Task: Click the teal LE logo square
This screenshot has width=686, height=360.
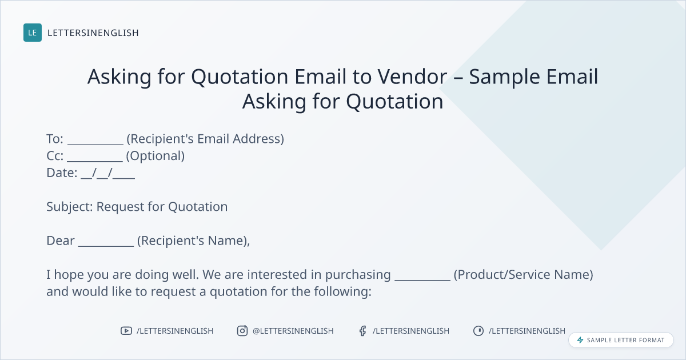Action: (x=33, y=33)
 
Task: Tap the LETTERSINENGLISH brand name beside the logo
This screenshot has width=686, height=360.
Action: (x=93, y=33)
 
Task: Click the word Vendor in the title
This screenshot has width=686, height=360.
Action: (x=412, y=76)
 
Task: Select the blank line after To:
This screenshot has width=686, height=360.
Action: (x=95, y=144)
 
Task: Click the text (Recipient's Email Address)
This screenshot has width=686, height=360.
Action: (x=205, y=139)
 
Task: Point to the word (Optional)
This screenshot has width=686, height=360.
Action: (x=155, y=156)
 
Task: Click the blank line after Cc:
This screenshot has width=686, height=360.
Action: (x=95, y=161)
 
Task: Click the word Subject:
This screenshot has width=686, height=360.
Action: (x=70, y=207)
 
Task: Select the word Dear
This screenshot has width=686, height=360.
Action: (x=61, y=241)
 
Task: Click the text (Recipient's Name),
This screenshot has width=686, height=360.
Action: (x=194, y=241)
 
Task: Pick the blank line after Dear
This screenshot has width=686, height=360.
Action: (x=106, y=246)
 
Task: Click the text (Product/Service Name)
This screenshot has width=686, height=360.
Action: (x=524, y=275)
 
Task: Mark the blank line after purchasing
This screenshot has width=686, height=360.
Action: (x=422, y=279)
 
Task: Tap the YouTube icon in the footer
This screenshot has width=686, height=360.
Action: (x=126, y=331)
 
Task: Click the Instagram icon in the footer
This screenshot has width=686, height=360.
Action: (x=242, y=331)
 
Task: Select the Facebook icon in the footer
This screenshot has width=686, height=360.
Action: (x=363, y=331)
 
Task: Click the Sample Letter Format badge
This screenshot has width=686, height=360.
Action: (x=621, y=340)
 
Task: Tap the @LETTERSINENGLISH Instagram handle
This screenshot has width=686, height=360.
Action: (x=293, y=331)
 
